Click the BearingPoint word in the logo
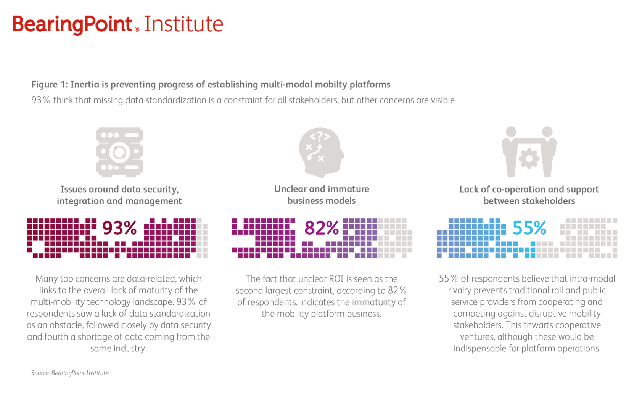tap(72, 24)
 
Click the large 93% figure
tap(119, 228)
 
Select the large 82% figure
tap(322, 228)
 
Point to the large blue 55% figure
tap(529, 228)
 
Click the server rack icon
tap(119, 152)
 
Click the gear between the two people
tap(529, 158)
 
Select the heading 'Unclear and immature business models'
tap(322, 195)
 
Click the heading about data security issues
tap(119, 195)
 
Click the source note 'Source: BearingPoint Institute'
tap(70, 373)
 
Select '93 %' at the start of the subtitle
tap(40, 100)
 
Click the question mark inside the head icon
tap(320, 136)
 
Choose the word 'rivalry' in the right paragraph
tap(460, 290)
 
